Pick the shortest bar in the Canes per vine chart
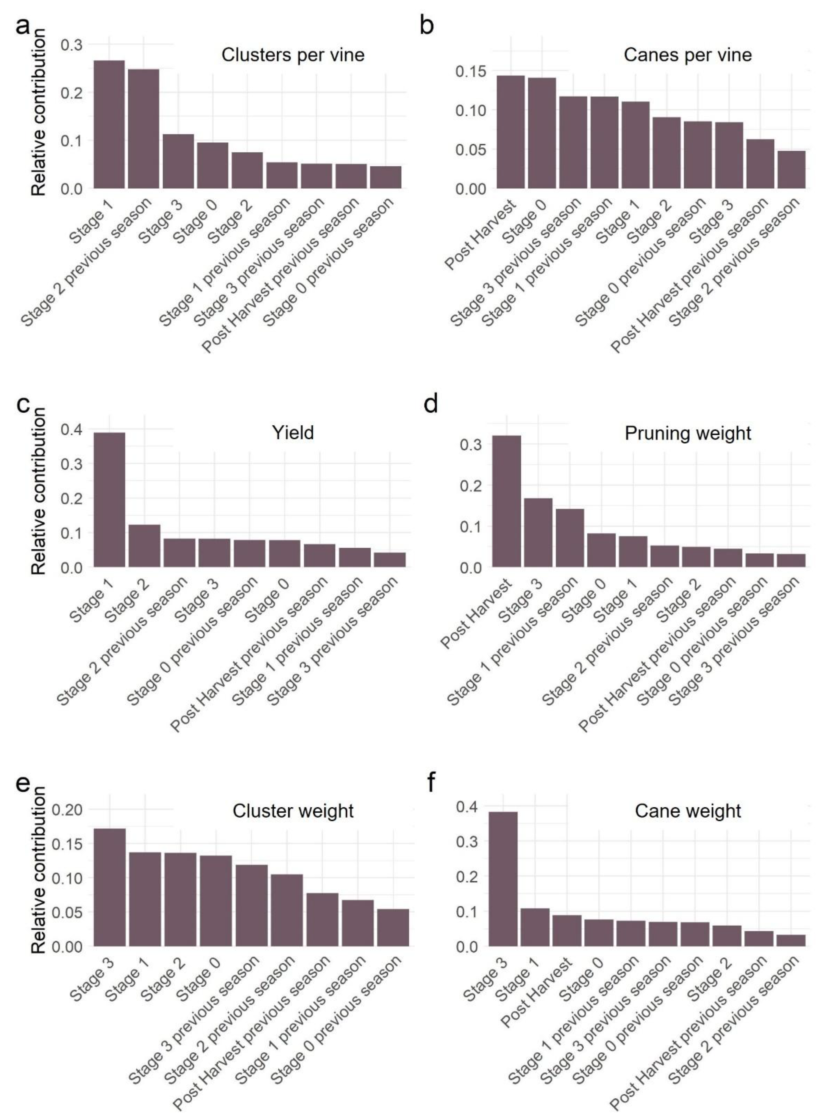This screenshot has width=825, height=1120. tap(791, 170)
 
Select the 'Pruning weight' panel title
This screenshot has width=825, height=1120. tap(688, 433)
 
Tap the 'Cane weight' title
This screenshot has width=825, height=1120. tap(688, 811)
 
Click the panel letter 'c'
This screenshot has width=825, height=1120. tap(22, 403)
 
